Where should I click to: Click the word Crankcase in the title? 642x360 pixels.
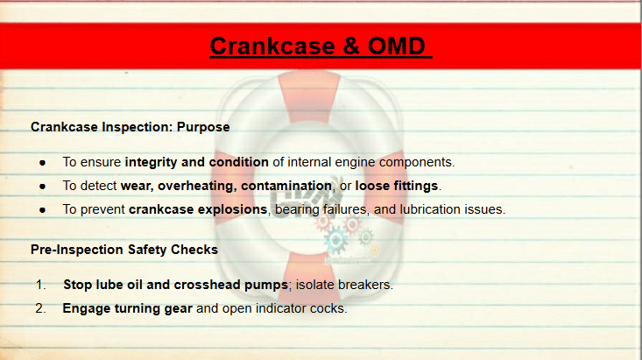(x=272, y=46)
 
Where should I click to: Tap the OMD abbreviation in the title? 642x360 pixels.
(x=397, y=46)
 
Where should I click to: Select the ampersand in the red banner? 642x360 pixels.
(x=351, y=46)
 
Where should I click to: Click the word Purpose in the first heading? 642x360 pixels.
(x=203, y=127)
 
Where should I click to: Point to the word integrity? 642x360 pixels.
(x=151, y=163)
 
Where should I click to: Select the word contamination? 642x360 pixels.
(x=286, y=186)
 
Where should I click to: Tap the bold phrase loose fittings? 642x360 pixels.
(x=397, y=186)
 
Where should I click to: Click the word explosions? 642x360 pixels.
(x=232, y=209)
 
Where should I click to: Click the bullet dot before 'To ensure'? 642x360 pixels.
(x=43, y=163)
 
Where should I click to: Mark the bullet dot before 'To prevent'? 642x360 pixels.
(x=43, y=210)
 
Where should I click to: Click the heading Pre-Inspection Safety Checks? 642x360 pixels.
(x=124, y=250)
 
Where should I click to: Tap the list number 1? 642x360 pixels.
(x=40, y=285)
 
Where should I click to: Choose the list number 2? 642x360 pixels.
(x=40, y=308)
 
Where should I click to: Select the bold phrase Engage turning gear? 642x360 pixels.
(x=127, y=309)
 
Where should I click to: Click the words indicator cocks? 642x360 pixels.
(x=301, y=308)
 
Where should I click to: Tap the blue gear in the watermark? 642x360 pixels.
(x=335, y=240)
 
